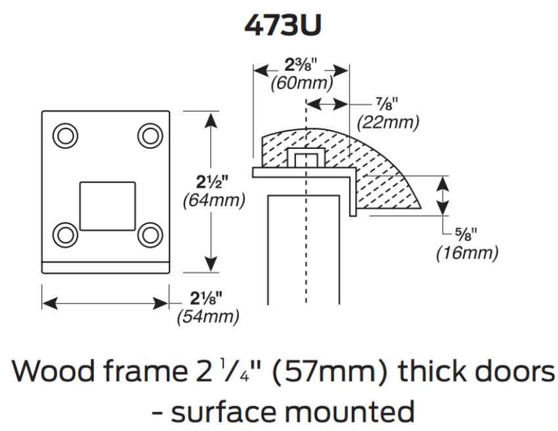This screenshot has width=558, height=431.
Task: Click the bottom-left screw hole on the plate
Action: point(64,234)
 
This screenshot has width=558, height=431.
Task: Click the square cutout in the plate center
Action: point(106,205)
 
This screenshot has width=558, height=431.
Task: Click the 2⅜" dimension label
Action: point(301,65)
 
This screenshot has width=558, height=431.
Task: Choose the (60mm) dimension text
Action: point(301,83)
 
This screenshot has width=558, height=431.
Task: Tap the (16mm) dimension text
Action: point(467,253)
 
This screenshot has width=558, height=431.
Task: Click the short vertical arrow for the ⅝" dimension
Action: point(444,195)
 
